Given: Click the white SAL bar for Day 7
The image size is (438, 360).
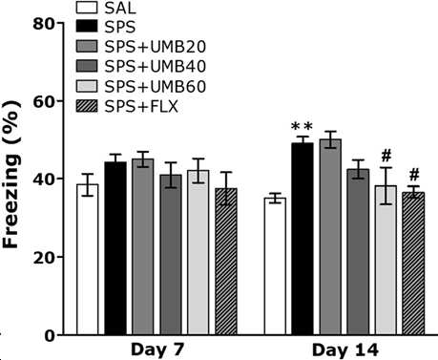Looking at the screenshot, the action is (x=88, y=259).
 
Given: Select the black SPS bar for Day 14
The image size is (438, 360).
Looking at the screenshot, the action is (x=302, y=239).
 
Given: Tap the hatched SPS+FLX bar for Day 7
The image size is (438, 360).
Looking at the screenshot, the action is (x=226, y=262).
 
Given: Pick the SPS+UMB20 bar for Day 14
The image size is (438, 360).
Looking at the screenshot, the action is (x=330, y=237).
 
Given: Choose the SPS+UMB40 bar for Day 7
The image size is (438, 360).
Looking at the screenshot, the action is (x=171, y=255).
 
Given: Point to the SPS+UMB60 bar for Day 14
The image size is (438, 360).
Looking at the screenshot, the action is (x=386, y=260).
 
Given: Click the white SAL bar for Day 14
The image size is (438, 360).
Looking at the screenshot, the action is (x=275, y=266).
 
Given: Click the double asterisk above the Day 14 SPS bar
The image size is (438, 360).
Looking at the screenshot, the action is (x=302, y=126).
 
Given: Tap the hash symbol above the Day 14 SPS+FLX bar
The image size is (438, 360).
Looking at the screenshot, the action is (x=414, y=175).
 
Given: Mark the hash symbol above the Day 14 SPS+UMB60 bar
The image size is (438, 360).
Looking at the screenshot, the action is (x=386, y=156).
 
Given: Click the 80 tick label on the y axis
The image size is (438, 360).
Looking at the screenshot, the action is (x=44, y=24).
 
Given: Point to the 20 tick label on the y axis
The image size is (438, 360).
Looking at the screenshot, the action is (x=44, y=257).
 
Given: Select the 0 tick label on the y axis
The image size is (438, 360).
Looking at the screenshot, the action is (x=50, y=336).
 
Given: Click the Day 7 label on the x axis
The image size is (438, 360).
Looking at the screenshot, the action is (x=157, y=349).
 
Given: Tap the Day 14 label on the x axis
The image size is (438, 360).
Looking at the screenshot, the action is (x=345, y=349).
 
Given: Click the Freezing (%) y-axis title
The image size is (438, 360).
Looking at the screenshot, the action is (x=11, y=174).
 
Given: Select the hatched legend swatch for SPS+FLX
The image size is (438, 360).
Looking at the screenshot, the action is (x=87, y=106).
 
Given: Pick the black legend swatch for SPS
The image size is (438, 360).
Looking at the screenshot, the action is (x=87, y=27).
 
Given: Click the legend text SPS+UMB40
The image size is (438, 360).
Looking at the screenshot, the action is (x=156, y=67).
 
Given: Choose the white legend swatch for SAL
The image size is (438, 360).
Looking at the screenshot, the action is (x=87, y=8).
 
